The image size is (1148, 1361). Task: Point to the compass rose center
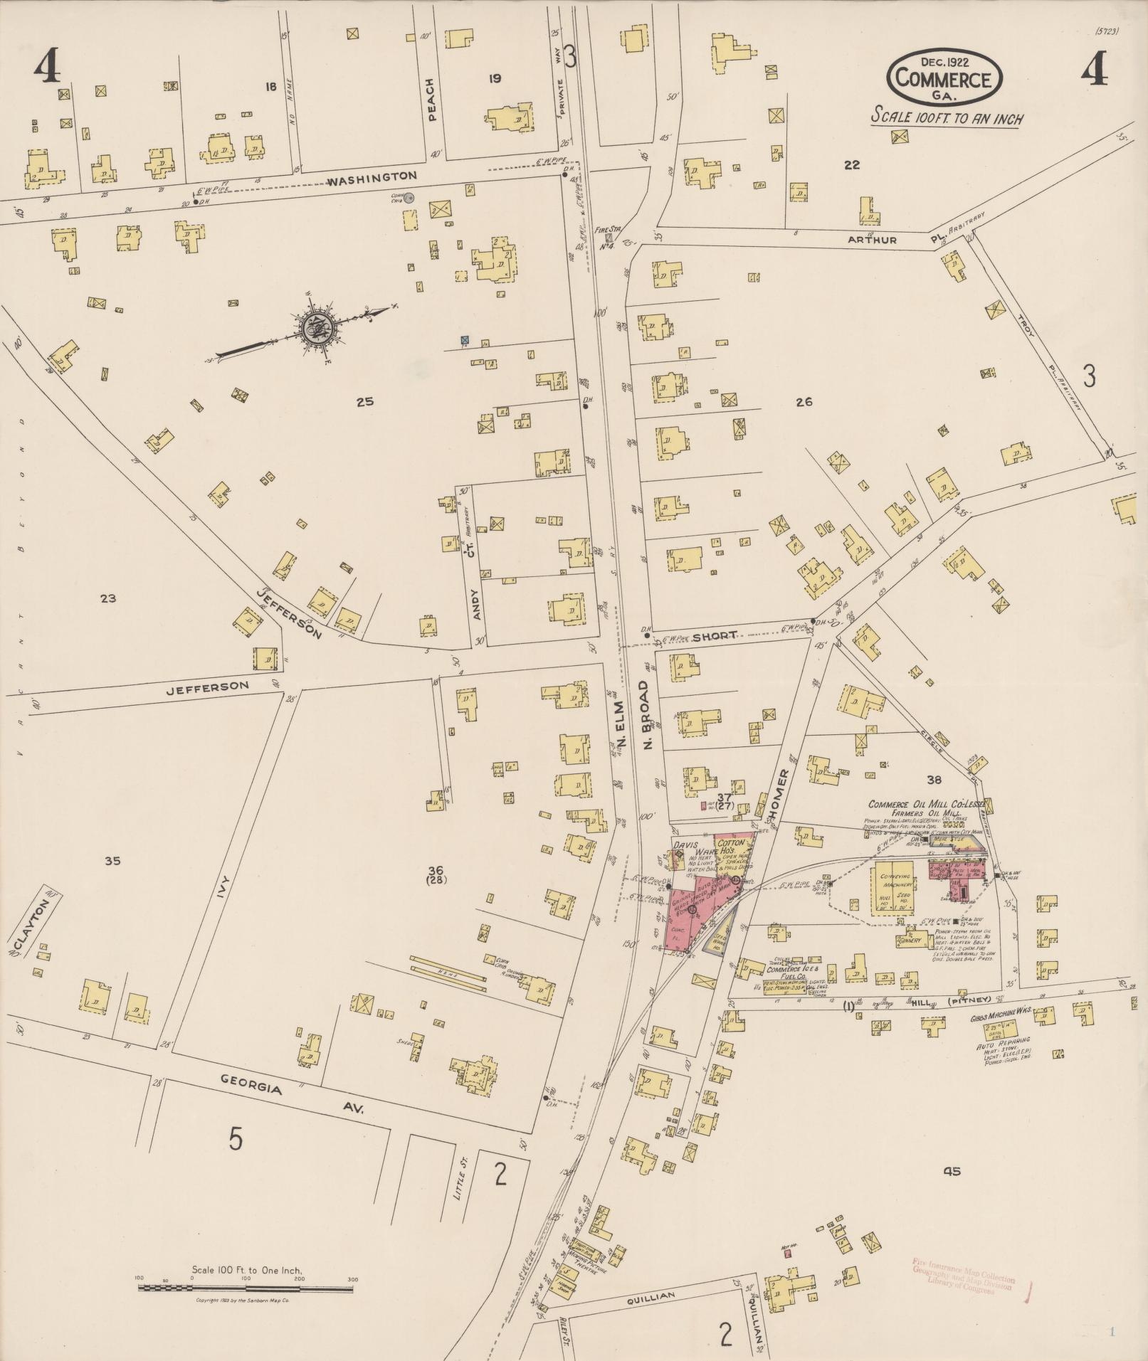pyautogui.click(x=315, y=328)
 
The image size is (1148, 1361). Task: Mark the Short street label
pyautogui.click(x=714, y=636)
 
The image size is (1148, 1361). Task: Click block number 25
pyautogui.click(x=364, y=402)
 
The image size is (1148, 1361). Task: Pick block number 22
pyautogui.click(x=851, y=165)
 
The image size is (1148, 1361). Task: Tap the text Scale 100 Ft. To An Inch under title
pyautogui.click(x=947, y=118)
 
